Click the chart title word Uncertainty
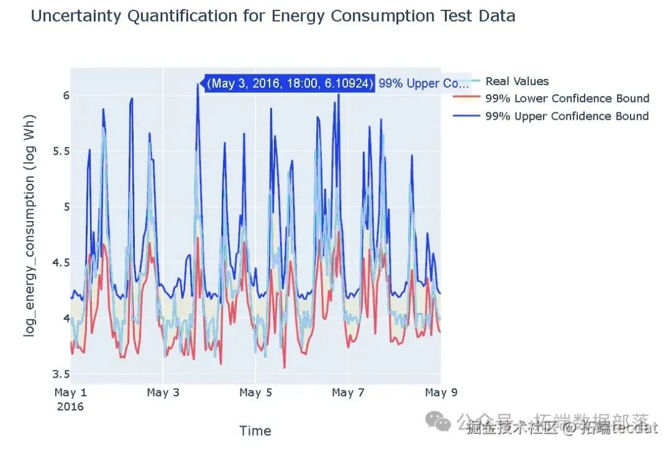[x=76, y=16]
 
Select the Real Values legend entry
[x=517, y=81]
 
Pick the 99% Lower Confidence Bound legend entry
[x=567, y=99]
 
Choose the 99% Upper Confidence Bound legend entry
[x=567, y=116]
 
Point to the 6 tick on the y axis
[x=65, y=95]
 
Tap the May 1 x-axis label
[x=70, y=392]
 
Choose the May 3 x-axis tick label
[x=162, y=392]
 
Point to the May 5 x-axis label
[x=255, y=392]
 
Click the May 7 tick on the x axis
[x=347, y=392]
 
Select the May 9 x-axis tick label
[x=440, y=392]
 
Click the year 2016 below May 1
[x=70, y=407]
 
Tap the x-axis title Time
[x=255, y=431]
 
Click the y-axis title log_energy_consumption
[x=29, y=225]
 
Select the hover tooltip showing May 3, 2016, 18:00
[x=290, y=83]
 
